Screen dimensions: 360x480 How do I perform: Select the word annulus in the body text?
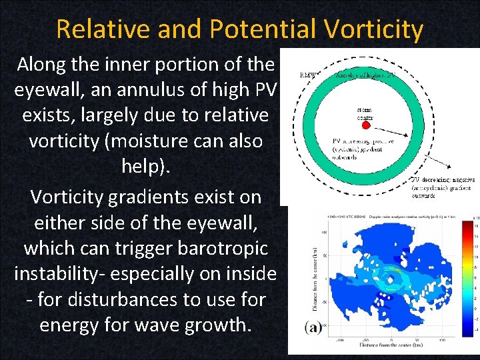136,90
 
